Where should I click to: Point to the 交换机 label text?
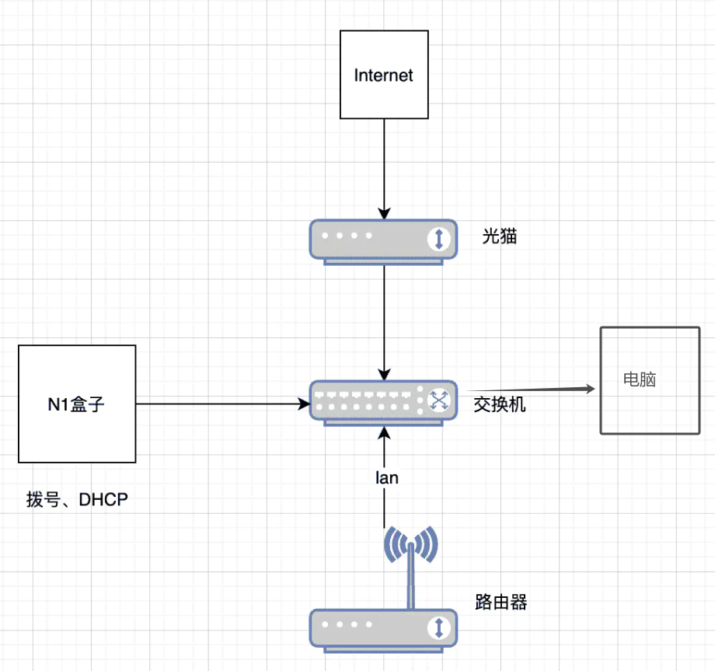click(500, 404)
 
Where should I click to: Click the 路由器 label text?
click(501, 602)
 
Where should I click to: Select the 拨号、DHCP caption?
click(77, 500)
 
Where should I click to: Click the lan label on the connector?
click(386, 478)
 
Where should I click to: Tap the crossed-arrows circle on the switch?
click(439, 401)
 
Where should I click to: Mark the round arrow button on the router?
click(439, 627)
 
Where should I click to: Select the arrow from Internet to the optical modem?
click(384, 167)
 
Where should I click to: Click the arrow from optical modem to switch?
click(384, 319)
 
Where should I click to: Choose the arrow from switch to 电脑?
click(528, 388)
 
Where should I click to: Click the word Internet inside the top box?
click(384, 75)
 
